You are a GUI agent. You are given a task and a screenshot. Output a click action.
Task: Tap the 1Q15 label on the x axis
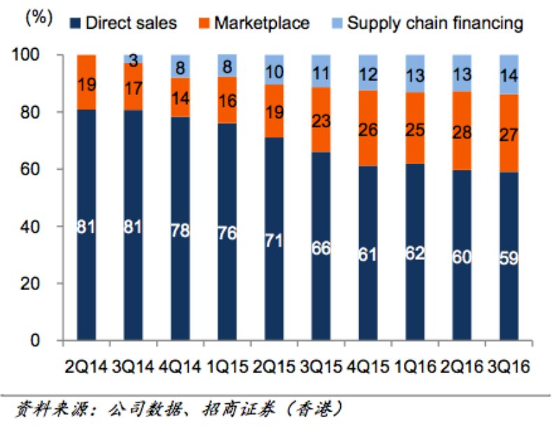click(x=228, y=366)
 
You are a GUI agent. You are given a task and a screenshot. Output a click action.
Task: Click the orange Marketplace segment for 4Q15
click(x=370, y=128)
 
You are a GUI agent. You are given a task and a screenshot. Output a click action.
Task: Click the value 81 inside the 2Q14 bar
click(x=87, y=228)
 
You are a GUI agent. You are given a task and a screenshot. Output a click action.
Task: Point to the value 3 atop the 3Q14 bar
click(x=133, y=61)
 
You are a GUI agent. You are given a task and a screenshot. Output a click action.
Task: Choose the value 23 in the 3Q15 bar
click(x=322, y=121)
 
